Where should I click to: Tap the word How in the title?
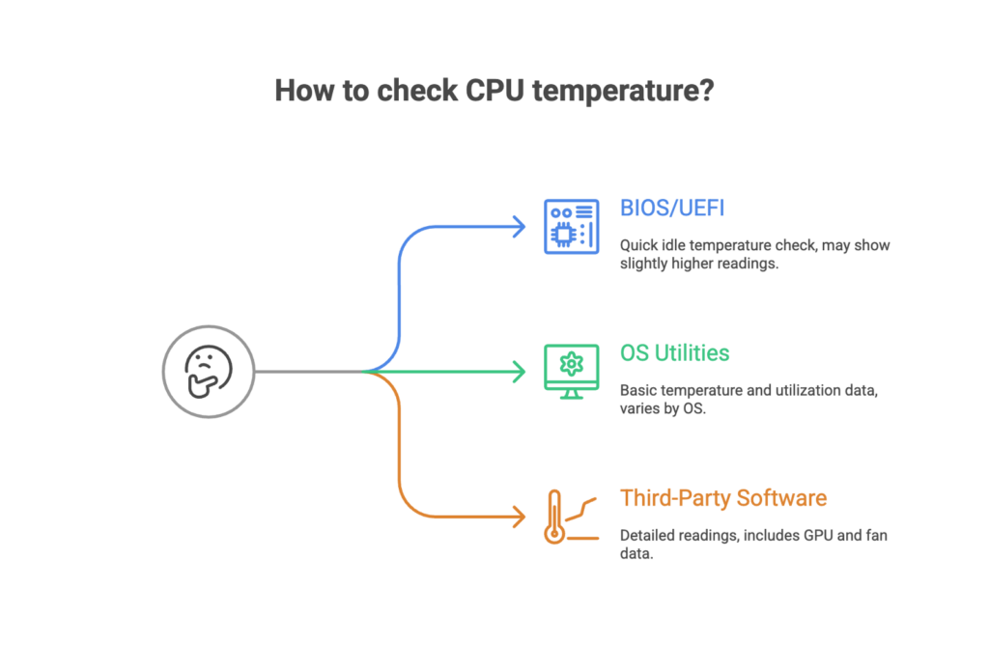click(x=302, y=91)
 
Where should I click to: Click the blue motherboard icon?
click(x=571, y=226)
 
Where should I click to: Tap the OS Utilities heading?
click(x=674, y=353)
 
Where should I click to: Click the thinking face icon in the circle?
click(x=208, y=371)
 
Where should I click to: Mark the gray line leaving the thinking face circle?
click(x=309, y=371)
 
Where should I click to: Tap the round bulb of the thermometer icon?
click(x=553, y=533)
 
